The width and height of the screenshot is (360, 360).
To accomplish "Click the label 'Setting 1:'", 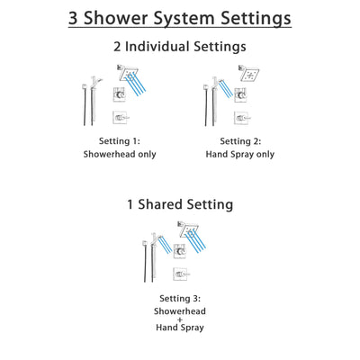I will click(121, 141).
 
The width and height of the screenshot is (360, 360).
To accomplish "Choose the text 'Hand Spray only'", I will click(238, 154).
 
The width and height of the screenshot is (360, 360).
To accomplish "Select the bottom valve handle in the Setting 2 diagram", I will click(238, 118).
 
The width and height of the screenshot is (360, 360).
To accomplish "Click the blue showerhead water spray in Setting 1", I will click(135, 86).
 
